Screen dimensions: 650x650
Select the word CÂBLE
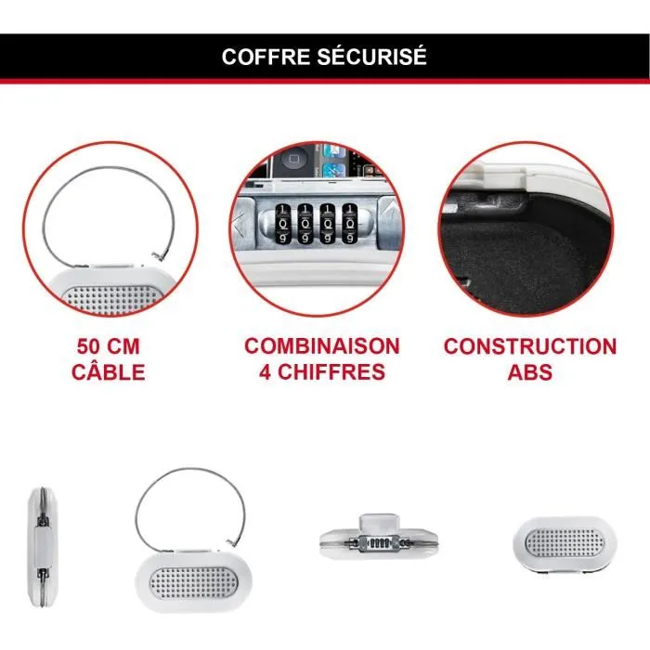pos(109,373)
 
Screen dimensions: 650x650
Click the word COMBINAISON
pos(322,347)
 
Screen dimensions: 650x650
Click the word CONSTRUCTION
pos(529,347)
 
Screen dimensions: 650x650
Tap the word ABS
pos(529,373)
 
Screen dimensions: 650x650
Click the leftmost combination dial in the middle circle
pos(279,224)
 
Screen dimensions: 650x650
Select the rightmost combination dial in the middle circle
pos(350,224)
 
